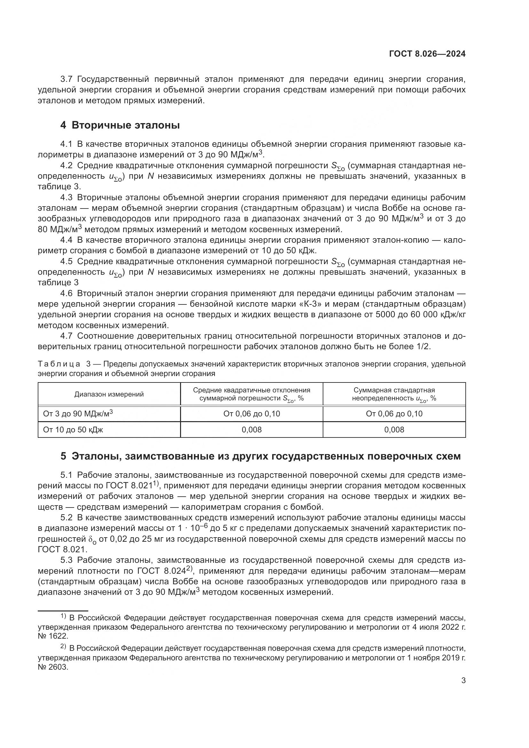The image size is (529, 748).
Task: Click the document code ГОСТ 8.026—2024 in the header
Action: coord(427,54)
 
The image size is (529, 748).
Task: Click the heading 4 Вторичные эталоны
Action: coord(120,125)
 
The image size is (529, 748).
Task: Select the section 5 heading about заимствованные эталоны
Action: coord(260,456)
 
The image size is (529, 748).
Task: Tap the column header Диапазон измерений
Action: coord(109,394)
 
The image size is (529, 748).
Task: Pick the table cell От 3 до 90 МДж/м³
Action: coord(78,414)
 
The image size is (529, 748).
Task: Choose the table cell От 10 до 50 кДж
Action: coord(73,430)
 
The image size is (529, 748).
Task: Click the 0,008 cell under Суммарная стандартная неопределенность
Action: coord(394,430)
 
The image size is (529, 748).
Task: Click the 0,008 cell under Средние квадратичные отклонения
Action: coord(251,430)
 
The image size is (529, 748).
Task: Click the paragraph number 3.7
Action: coord(67,79)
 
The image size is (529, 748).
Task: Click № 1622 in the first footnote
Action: coord(53,636)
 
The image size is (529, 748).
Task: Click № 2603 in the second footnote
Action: coord(53,666)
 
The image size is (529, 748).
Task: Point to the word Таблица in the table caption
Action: coord(59,364)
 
